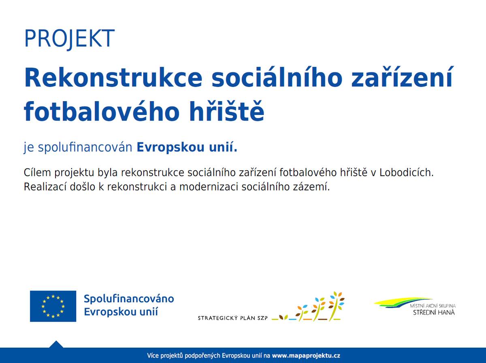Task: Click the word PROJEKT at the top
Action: coord(69,39)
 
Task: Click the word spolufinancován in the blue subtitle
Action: coord(85,148)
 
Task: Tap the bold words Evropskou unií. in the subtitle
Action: coord(187,148)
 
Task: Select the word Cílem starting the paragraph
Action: coord(37,173)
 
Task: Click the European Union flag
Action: coord(53,306)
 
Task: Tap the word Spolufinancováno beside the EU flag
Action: coord(129,299)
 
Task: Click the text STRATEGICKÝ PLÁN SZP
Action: coord(233,318)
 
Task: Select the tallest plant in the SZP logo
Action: coord(336,306)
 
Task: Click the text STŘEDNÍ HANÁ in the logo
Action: coord(434,312)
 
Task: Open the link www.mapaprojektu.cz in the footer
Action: coord(306,356)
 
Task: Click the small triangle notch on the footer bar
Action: coord(56,344)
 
